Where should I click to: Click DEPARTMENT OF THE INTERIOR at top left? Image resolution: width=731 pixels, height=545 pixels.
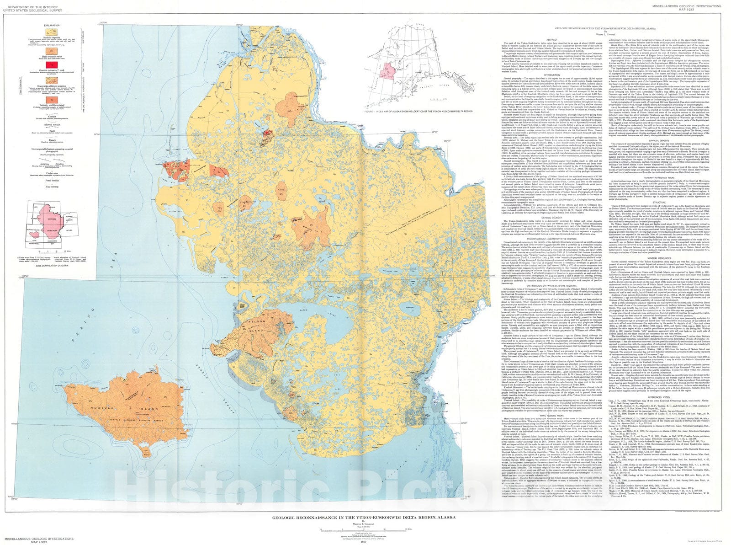pyautogui.click(x=24, y=3)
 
